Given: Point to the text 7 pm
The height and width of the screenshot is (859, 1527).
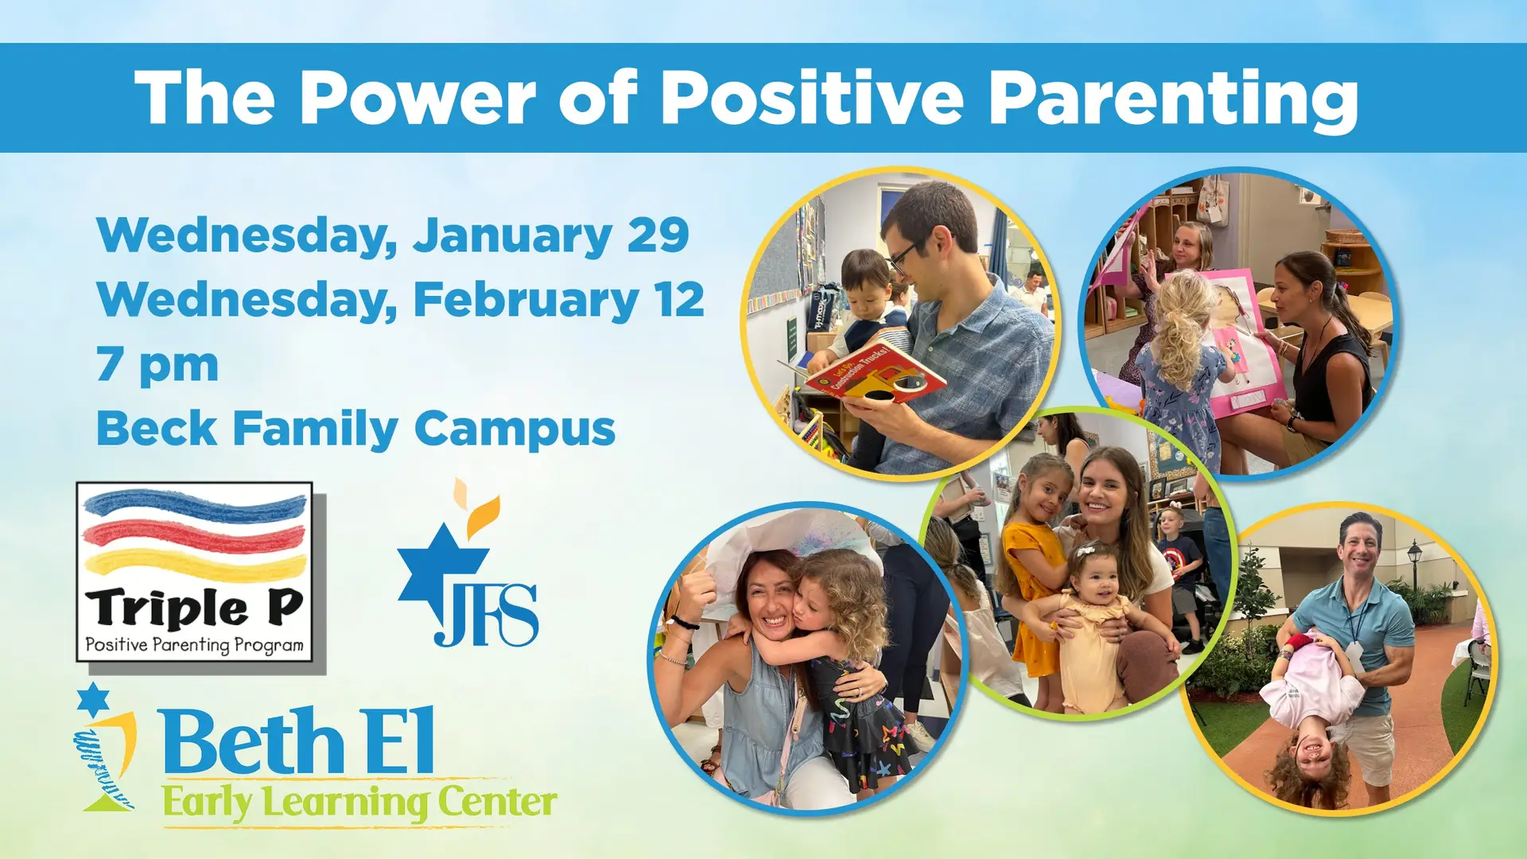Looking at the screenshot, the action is pos(157,366).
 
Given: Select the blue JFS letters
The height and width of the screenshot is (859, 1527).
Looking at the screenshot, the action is pos(486,615).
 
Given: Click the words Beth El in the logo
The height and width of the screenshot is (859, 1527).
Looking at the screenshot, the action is pos(298,740).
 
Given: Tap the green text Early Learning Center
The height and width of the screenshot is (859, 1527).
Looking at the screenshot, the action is pos(359,803).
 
